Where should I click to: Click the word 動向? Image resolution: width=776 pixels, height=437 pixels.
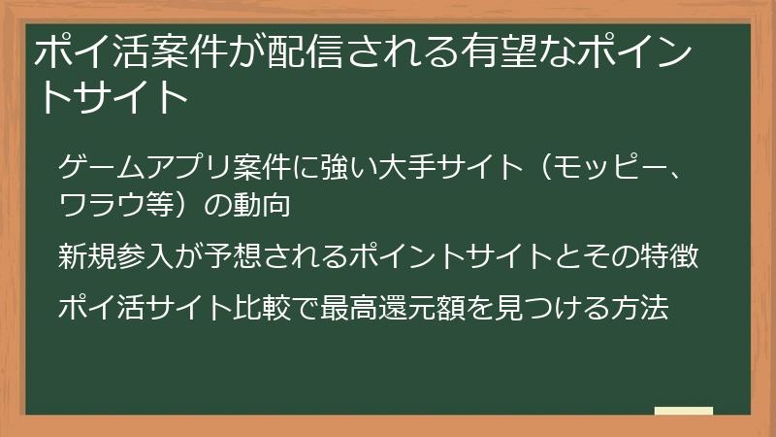(x=261, y=206)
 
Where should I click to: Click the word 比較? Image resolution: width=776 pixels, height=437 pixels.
(x=244, y=308)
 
